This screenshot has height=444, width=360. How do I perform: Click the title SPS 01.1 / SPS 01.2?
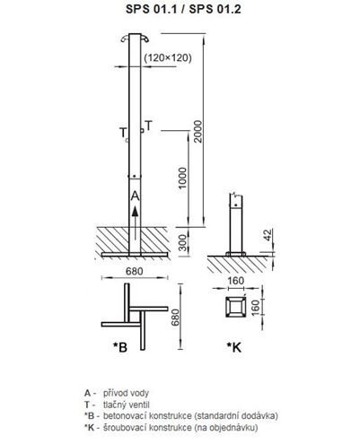(x=183, y=9)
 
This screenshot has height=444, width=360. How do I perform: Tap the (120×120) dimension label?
(x=168, y=57)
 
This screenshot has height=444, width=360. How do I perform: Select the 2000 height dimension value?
(x=198, y=132)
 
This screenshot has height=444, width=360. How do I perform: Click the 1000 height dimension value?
(x=182, y=178)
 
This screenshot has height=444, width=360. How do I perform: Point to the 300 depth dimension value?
(x=182, y=242)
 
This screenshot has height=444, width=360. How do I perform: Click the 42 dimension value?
(x=268, y=235)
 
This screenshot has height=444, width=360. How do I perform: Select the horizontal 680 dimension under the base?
(x=135, y=271)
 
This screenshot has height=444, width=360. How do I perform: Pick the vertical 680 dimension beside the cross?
(x=175, y=318)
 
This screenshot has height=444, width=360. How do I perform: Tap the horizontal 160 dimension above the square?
(x=236, y=281)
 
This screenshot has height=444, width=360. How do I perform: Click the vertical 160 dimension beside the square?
(x=255, y=308)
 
